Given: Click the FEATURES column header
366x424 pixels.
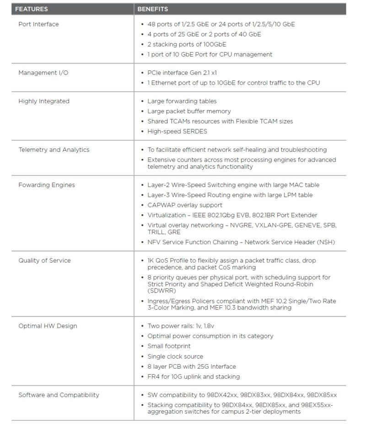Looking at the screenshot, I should click(32, 9).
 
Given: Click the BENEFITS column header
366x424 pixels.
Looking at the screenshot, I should click(153, 9).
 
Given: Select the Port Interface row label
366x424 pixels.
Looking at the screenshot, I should click(38, 24).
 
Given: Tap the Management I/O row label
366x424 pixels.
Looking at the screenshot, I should click(43, 73).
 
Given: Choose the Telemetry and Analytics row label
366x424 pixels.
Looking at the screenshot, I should click(54, 149).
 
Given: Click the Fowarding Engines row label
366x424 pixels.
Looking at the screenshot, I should click(46, 185).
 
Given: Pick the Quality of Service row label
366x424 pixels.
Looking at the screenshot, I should click(44, 260).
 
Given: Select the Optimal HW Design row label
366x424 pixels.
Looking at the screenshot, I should click(48, 326).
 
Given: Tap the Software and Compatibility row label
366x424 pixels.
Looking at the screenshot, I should click(59, 395).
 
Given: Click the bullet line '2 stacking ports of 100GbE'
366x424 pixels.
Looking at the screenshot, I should click(187, 44).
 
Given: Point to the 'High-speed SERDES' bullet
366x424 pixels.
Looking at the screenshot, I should click(177, 132).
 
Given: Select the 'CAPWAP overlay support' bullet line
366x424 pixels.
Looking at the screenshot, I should click(185, 205).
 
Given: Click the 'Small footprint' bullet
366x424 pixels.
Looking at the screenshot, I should click(169, 346).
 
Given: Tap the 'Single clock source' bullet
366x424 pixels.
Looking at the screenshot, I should click(175, 356).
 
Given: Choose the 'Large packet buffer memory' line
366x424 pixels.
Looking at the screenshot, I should click(189, 111).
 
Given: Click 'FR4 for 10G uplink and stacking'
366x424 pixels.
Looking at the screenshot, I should click(194, 376).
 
